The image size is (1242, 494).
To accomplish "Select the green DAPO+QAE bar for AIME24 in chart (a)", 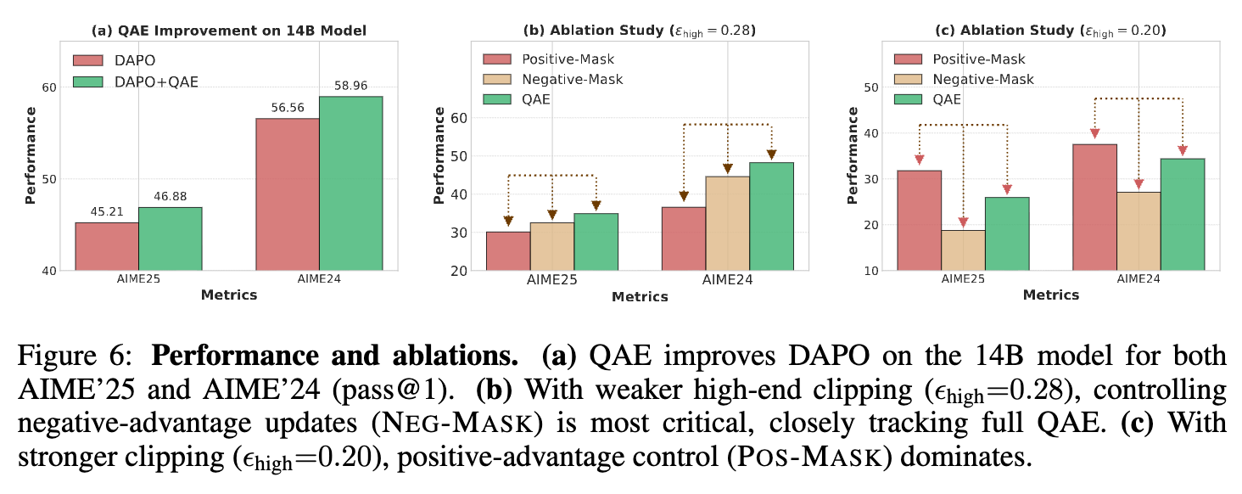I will coord(350,183).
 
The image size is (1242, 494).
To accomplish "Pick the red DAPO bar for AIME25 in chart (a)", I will coord(107,246).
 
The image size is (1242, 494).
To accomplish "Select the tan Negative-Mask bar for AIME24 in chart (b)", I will coord(728,223).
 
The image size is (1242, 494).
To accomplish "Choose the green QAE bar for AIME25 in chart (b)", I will coord(596,242).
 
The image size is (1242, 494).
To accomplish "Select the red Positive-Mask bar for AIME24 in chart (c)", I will coord(1095,207).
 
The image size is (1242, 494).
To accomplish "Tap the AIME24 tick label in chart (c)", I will coord(1138,279).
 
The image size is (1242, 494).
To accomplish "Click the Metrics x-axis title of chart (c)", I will coord(1050,295).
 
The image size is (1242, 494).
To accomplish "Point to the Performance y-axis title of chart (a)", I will coord(31,154).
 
